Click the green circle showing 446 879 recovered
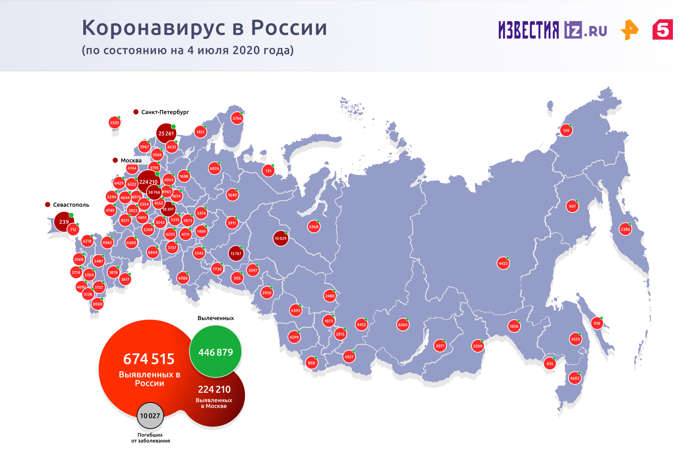216,351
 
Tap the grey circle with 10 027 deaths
150,416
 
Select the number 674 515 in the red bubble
149,359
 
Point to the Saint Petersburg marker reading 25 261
166,133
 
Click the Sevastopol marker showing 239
64,222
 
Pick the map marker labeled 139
566,130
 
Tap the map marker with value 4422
503,263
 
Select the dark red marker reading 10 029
280,238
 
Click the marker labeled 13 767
236,254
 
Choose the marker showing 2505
115,123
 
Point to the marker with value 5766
237,118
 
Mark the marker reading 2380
625,229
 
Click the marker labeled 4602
575,378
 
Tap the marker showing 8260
402,325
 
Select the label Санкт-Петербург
165,112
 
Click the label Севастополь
71,205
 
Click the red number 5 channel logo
662,30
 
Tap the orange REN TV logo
629,30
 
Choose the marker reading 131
268,171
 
